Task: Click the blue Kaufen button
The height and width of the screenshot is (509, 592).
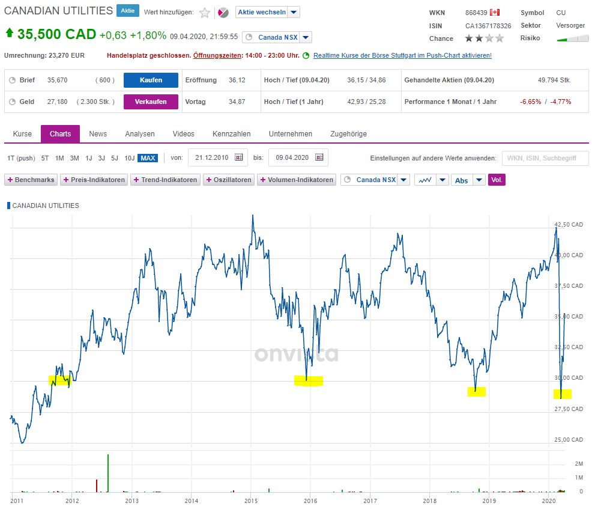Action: pyautogui.click(x=151, y=80)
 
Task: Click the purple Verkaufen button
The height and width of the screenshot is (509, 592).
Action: pyautogui.click(x=151, y=102)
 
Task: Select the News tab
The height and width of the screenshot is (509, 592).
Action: pyautogui.click(x=98, y=133)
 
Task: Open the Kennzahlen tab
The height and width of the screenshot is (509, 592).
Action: pyautogui.click(x=231, y=133)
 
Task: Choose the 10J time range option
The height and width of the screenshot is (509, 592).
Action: pyautogui.click(x=130, y=158)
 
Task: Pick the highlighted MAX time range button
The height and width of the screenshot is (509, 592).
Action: pyautogui.click(x=147, y=158)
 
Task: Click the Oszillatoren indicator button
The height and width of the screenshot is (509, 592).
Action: pyautogui.click(x=229, y=180)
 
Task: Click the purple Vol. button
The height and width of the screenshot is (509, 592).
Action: pyautogui.click(x=497, y=180)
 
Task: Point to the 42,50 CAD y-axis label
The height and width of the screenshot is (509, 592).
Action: pyautogui.click(x=569, y=224)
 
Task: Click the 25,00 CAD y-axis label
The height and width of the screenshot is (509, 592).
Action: pyautogui.click(x=569, y=440)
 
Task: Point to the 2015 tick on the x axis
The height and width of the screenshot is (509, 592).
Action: pyautogui.click(x=251, y=500)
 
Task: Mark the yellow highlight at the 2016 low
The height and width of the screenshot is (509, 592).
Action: pyautogui.click(x=309, y=380)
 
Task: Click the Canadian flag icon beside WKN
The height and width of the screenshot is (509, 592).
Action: pyautogui.click(x=495, y=13)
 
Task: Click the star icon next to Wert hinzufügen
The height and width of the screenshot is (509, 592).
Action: pyautogui.click(x=205, y=13)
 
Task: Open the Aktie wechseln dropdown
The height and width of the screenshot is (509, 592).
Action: pyautogui.click(x=267, y=13)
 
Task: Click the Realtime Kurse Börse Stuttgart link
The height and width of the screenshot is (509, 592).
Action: pyautogui.click(x=402, y=55)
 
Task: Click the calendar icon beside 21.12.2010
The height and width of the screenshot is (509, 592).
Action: pyautogui.click(x=238, y=157)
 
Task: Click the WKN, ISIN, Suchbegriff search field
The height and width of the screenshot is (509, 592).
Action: pyautogui.click(x=543, y=158)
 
